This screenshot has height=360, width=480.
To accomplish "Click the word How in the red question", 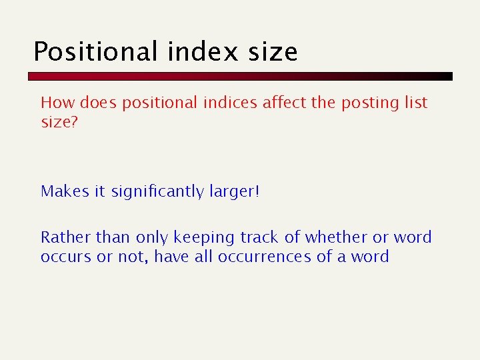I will (x=57, y=103).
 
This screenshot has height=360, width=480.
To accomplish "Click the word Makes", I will (x=65, y=191).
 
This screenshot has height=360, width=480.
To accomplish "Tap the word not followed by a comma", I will (x=133, y=257).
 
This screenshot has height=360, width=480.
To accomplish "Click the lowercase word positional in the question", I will (x=159, y=103).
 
